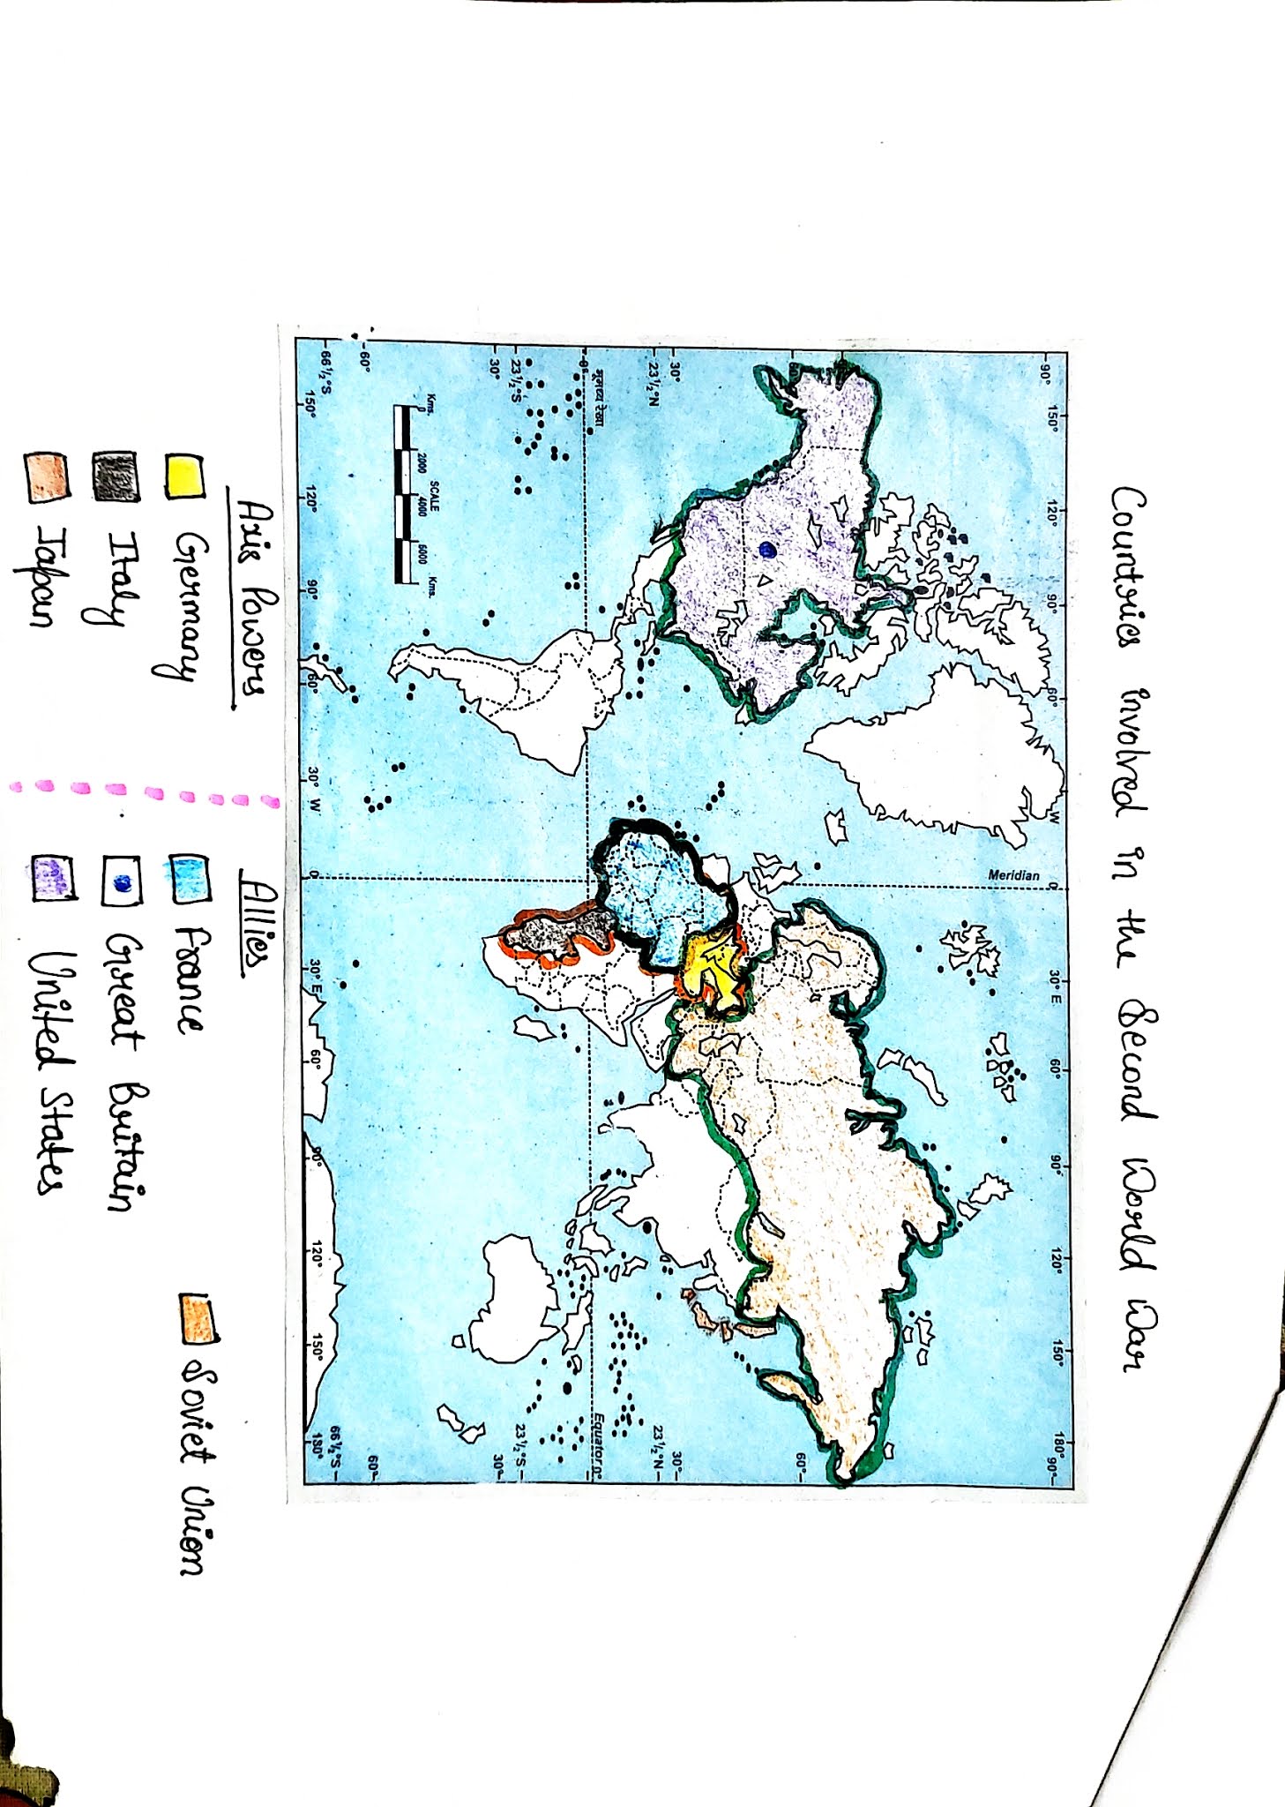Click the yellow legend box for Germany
pyautogui.click(x=184, y=477)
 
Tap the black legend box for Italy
pyautogui.click(x=116, y=477)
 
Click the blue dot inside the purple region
pyautogui.click(x=767, y=550)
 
